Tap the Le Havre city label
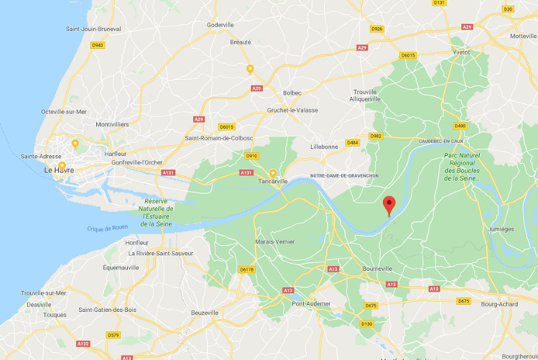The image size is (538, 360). click(58, 169)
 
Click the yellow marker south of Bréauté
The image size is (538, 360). click(250, 69)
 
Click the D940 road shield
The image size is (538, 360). click(97, 46)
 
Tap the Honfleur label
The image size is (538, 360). click(136, 242)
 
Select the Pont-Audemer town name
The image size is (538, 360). click(312, 303)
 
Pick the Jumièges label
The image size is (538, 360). click(502, 230)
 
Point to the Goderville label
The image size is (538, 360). click(220, 25)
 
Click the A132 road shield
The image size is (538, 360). click(83, 343)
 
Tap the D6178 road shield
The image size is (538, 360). click(247, 269)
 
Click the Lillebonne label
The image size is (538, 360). click(324, 146)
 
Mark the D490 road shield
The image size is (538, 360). click(460, 126)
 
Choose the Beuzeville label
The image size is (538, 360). click(205, 312)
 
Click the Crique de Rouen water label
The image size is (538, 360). click(108, 228)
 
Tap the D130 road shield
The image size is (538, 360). click(367, 324)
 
